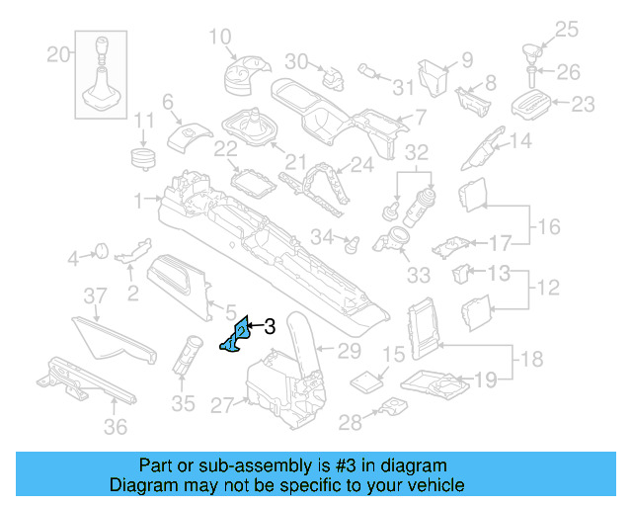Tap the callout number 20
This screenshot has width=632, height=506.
(59, 53)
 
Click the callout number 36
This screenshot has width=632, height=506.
(117, 427)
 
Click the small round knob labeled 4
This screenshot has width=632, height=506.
(100, 251)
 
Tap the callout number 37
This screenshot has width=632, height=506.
(94, 296)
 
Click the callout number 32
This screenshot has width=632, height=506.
(417, 152)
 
